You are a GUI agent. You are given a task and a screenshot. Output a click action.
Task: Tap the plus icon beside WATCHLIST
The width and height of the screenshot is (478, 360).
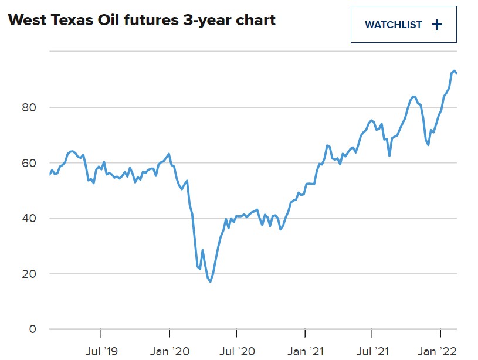click(436, 25)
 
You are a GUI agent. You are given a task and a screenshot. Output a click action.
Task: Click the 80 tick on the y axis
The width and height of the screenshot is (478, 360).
click(29, 107)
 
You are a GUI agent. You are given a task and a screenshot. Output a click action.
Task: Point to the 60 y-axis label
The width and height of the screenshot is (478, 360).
click(29, 163)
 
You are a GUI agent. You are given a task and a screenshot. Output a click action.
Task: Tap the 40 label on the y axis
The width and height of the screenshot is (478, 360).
click(29, 218)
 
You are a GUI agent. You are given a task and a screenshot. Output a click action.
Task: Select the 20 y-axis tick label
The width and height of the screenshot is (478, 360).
click(29, 274)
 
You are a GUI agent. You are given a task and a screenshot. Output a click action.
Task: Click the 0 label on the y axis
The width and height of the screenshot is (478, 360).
click(32, 329)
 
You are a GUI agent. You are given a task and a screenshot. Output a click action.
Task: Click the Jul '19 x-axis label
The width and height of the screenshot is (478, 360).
click(101, 352)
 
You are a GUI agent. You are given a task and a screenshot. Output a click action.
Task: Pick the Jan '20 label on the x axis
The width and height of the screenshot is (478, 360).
click(169, 352)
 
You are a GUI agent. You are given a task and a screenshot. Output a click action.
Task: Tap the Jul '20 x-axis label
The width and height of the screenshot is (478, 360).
click(236, 352)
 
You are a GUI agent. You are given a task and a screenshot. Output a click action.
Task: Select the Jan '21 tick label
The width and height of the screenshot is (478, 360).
click(306, 352)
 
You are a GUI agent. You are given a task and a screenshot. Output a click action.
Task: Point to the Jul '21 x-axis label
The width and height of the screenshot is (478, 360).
click(372, 352)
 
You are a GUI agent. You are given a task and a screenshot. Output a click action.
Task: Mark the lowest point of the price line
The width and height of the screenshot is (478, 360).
click(210, 281)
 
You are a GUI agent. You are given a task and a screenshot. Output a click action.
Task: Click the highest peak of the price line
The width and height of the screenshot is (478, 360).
click(454, 70)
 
